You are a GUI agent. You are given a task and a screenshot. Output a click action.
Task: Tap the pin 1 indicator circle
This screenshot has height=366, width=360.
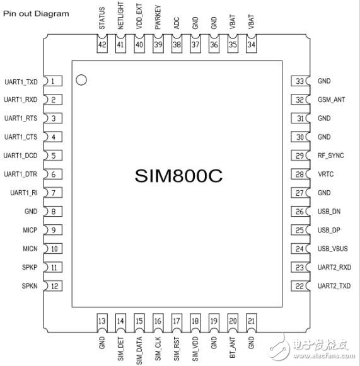point(81,80)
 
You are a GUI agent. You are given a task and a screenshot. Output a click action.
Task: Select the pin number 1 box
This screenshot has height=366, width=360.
point(54,81)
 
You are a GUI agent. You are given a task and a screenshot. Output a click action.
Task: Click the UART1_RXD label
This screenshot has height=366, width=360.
point(21,100)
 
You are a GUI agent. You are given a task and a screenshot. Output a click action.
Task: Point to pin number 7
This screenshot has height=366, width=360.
point(54,193)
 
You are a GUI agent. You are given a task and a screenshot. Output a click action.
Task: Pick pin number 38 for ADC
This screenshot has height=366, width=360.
point(177,45)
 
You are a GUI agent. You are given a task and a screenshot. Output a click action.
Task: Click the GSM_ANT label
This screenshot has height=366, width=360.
point(332,100)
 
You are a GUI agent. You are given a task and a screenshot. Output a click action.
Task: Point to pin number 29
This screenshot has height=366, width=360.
point(300,156)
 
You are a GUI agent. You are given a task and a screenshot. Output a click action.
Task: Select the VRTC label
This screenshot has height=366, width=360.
point(327,174)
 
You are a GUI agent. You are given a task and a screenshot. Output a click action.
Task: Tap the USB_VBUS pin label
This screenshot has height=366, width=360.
point(333,249)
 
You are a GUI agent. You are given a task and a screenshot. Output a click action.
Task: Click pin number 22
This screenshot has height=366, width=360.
point(300,286)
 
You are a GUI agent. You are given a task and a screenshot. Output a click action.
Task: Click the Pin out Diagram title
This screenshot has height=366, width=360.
point(36,13)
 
